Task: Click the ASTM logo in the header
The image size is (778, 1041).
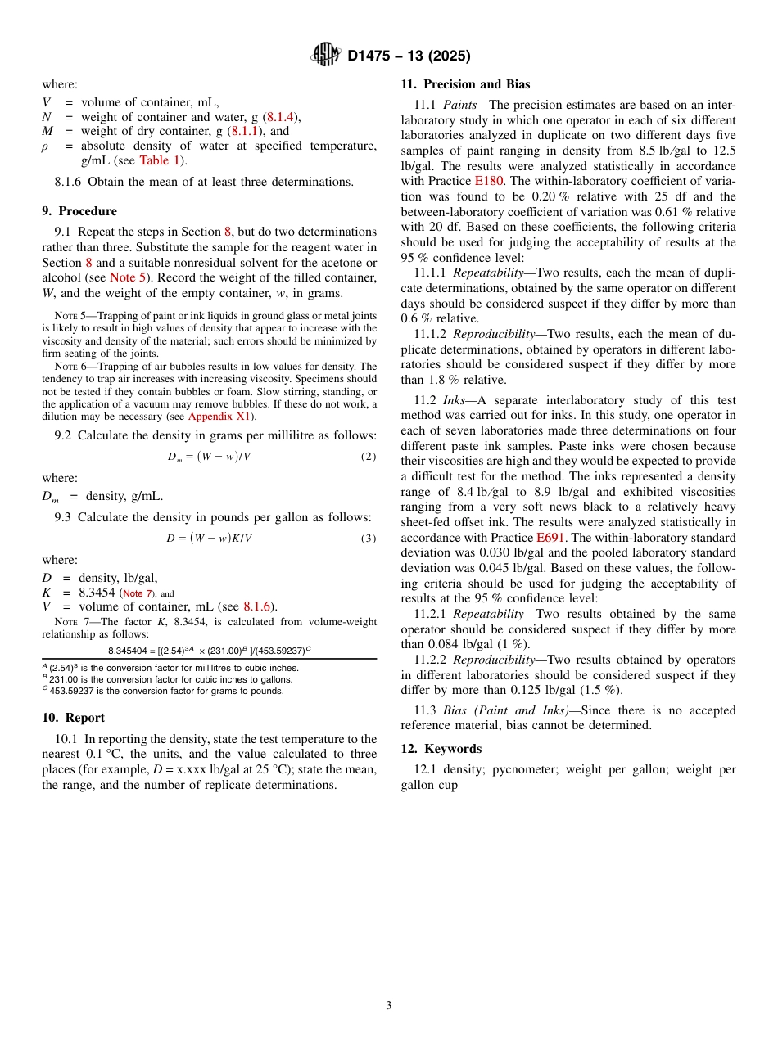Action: tap(326, 55)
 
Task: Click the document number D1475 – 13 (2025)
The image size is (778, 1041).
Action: tap(409, 56)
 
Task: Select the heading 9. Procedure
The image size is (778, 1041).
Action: tap(79, 211)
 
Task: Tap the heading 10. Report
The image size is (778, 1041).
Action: tap(73, 718)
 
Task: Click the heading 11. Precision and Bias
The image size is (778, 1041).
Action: tap(465, 84)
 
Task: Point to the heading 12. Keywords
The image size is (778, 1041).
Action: tap(441, 749)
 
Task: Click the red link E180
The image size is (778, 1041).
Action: tap(490, 181)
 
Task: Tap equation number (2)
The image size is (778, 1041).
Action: tap(369, 456)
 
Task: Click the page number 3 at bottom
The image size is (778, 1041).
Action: tap(389, 1005)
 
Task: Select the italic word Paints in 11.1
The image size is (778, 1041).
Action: tap(459, 105)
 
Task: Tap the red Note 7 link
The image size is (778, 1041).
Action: tap(138, 593)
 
